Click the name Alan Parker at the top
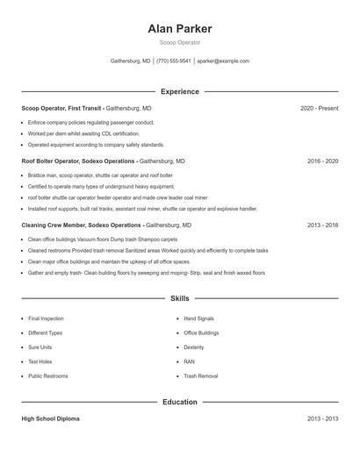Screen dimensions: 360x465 [180, 28]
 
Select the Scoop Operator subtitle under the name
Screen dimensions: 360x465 [180, 42]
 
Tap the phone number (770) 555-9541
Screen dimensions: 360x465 [174, 61]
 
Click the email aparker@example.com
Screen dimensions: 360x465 [223, 61]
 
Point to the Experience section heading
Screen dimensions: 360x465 [180, 91]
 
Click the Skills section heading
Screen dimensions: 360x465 [180, 299]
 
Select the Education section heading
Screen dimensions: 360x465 [180, 402]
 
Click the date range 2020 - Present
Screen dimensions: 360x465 [319, 108]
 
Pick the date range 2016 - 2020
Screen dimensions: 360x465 [323, 161]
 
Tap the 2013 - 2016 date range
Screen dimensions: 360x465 [323, 225]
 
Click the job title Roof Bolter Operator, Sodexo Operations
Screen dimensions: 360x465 [78, 161]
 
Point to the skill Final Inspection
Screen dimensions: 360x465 [46, 318]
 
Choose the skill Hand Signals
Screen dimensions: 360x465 [198, 318]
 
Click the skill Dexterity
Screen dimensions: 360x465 [194, 347]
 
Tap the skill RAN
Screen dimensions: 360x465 [189, 361]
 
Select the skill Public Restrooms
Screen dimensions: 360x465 [48, 376]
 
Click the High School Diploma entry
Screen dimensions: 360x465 [50, 418]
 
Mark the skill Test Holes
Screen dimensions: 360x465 [40, 361]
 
